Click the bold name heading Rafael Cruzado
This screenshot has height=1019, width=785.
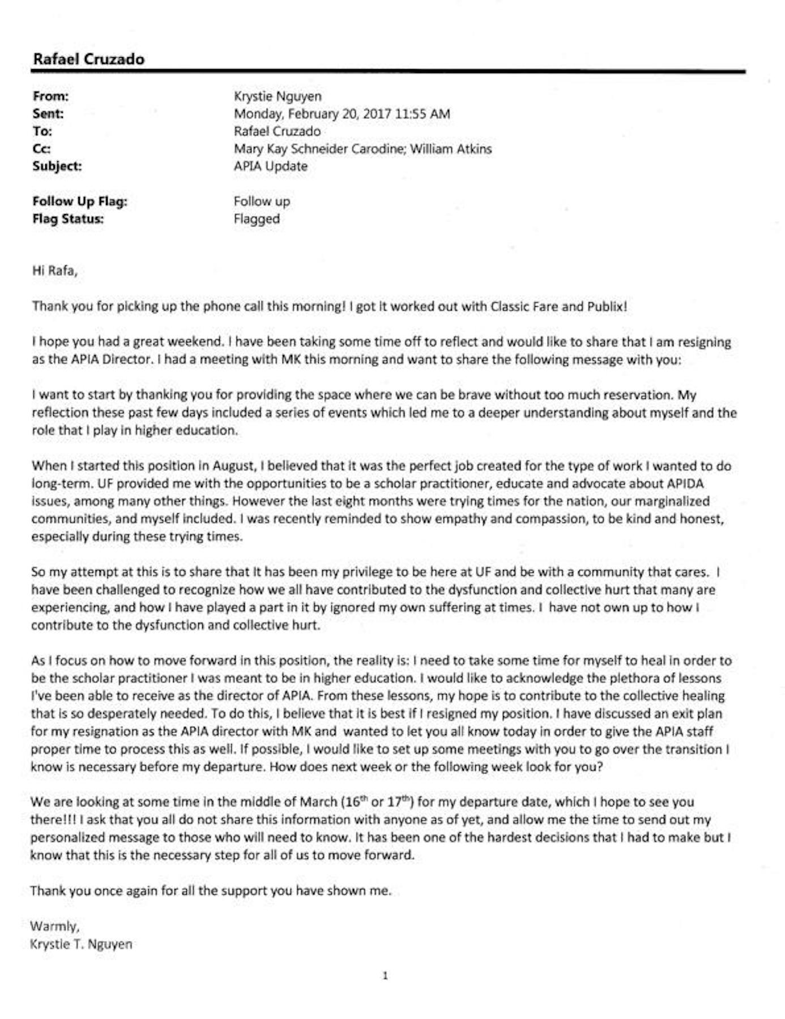[88, 59]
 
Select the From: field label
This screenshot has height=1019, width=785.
[50, 96]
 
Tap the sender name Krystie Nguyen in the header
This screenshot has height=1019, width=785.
[278, 96]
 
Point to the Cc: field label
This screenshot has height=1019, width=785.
[41, 149]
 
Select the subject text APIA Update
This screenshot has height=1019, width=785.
[271, 166]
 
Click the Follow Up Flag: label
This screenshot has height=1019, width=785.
[80, 202]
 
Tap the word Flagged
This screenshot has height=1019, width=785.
[257, 219]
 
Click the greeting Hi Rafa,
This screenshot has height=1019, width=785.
[54, 271]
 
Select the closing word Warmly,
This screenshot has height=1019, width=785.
[55, 926]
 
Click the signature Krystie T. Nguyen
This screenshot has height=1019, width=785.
[81, 944]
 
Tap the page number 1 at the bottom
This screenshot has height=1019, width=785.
[385, 975]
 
